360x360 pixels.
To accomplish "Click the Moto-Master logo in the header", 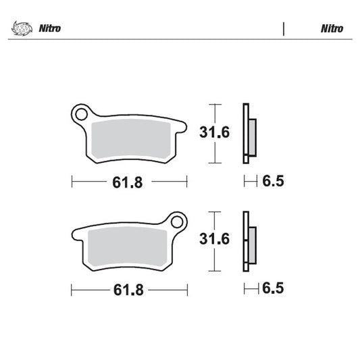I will (x=22, y=29).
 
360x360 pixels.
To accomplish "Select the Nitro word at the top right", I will (x=331, y=29).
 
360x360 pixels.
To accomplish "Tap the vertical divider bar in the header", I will (x=284, y=29).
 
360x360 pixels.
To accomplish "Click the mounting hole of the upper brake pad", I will (x=82, y=113).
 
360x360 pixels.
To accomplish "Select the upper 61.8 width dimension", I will (x=128, y=182).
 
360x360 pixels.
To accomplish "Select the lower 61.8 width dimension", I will (x=128, y=290).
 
